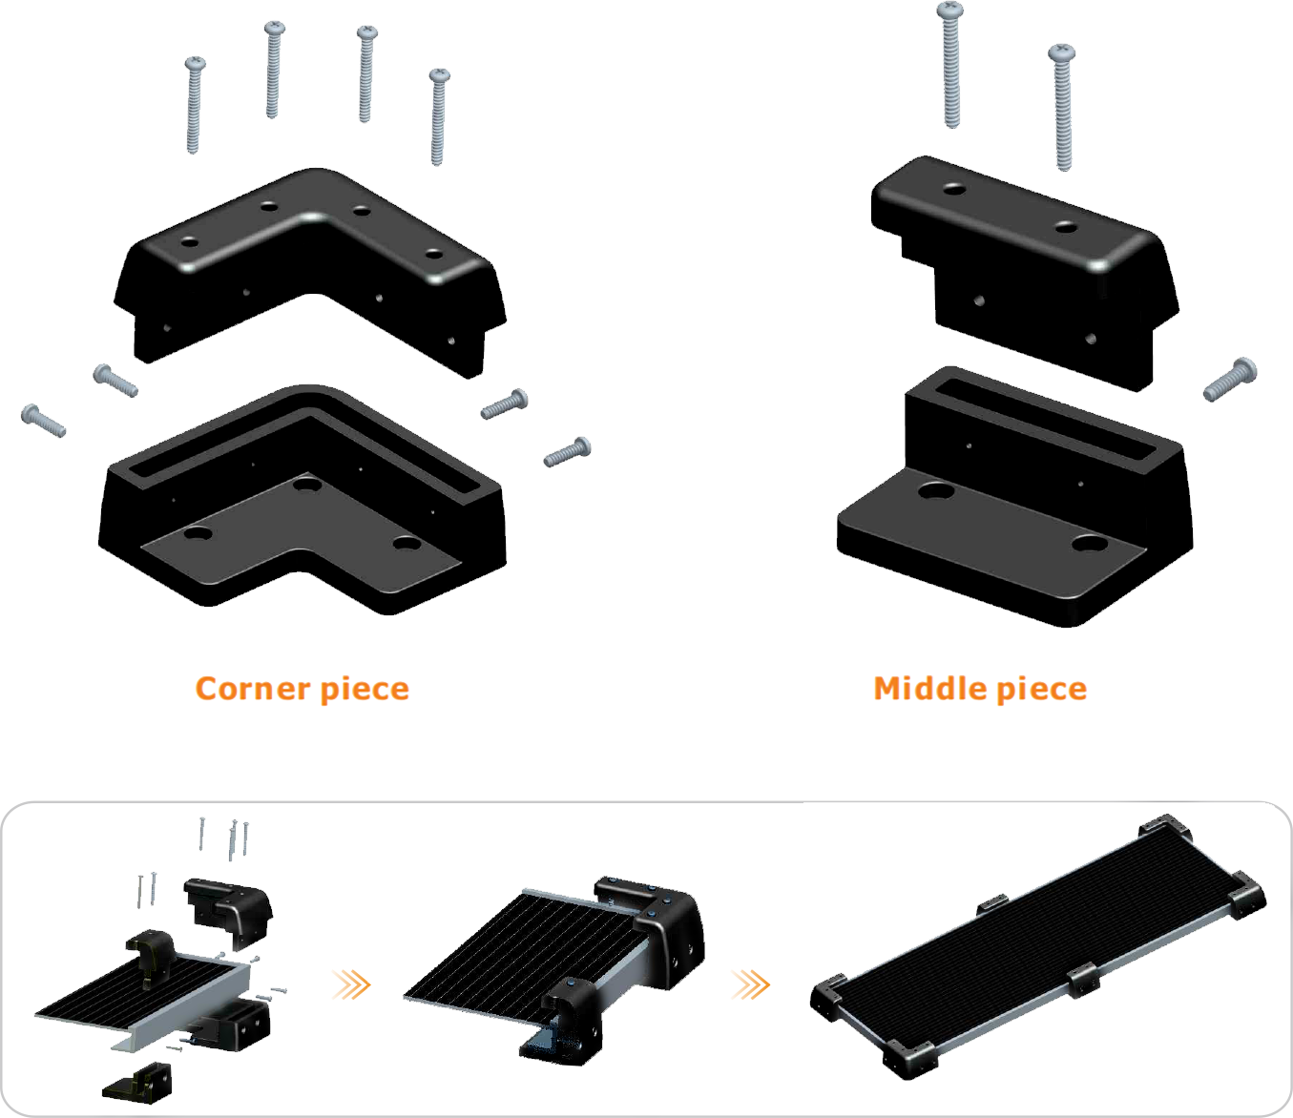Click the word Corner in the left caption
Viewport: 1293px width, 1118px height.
coord(253,689)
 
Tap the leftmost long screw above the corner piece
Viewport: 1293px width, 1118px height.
coord(195,105)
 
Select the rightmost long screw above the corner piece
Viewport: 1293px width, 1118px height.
coord(439,117)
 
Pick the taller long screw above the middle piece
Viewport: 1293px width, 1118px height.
coord(950,65)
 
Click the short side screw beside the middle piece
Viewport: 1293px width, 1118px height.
coord(1230,379)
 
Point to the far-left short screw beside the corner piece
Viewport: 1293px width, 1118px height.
coord(43,421)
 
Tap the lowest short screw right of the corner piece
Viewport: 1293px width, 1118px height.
coord(567,451)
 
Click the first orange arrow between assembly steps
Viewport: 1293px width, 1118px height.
coord(351,984)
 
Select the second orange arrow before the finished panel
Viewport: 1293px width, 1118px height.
coord(751,984)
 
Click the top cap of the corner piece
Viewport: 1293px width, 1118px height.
coord(310,269)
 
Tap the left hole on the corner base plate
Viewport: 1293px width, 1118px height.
coord(198,534)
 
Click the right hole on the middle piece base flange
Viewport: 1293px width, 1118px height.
coord(1090,543)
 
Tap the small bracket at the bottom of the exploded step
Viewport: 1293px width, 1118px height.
coord(137,1082)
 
